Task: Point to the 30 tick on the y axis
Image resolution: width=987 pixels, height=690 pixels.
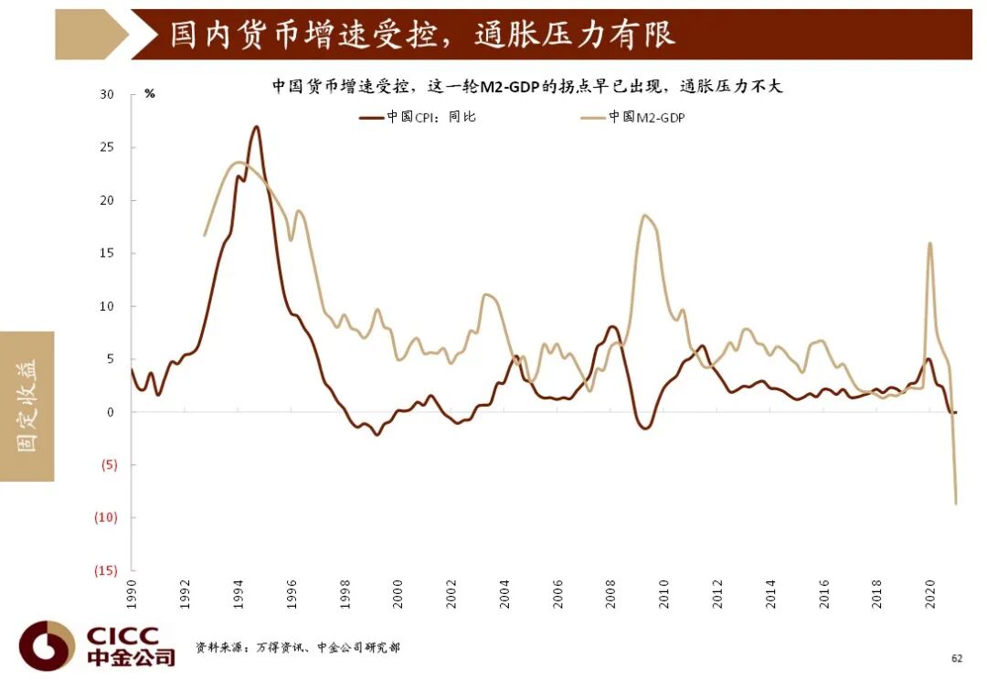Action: [x=108, y=94]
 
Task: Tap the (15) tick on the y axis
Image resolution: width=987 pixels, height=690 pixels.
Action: [x=104, y=570]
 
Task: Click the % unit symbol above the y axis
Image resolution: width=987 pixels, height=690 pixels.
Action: [x=150, y=94]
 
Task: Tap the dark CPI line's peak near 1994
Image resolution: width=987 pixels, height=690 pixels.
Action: [x=256, y=127]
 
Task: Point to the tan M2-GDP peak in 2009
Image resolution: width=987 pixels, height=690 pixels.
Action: [x=644, y=216]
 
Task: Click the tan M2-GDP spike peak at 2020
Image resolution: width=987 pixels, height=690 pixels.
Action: [x=929, y=243]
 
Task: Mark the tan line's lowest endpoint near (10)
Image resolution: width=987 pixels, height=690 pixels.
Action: [x=956, y=504]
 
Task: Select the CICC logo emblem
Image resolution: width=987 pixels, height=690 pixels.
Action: [x=47, y=646]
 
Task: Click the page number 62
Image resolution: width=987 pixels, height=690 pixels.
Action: [x=957, y=657]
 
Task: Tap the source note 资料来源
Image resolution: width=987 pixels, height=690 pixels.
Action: [x=297, y=648]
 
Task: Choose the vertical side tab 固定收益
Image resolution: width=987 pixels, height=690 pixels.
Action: [x=27, y=406]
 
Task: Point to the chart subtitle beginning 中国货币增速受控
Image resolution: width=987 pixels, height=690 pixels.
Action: [x=527, y=87]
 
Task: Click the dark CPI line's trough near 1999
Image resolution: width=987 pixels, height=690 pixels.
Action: [x=377, y=434]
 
